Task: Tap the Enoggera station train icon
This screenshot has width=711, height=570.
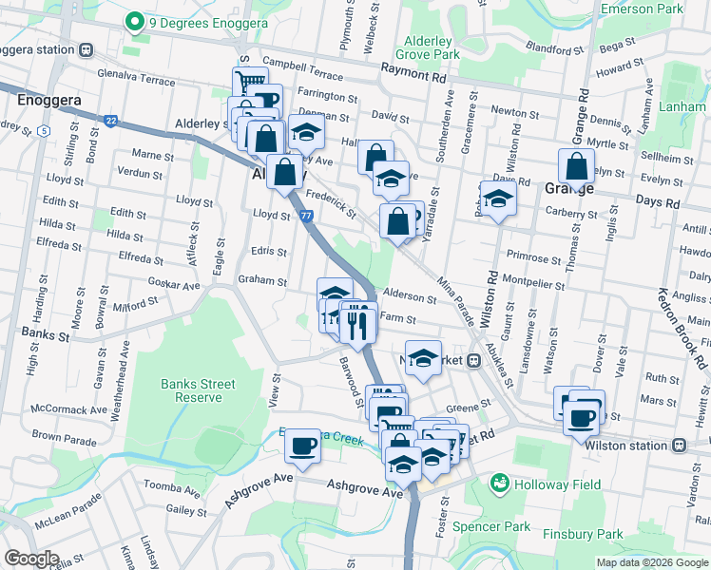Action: (86, 49)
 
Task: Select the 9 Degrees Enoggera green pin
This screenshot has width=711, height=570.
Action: (134, 21)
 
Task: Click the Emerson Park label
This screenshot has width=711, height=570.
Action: (642, 9)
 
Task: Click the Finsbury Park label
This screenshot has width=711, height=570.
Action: (583, 534)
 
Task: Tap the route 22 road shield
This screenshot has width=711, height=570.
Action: (111, 121)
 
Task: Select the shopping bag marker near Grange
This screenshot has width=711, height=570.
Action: (576, 167)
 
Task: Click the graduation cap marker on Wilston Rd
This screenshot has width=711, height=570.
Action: (496, 199)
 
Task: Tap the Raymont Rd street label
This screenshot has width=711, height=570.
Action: (413, 68)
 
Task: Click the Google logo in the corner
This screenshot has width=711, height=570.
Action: (31, 559)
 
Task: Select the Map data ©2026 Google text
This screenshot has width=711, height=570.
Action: (652, 562)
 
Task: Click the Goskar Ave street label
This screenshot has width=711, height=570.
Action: (177, 285)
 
